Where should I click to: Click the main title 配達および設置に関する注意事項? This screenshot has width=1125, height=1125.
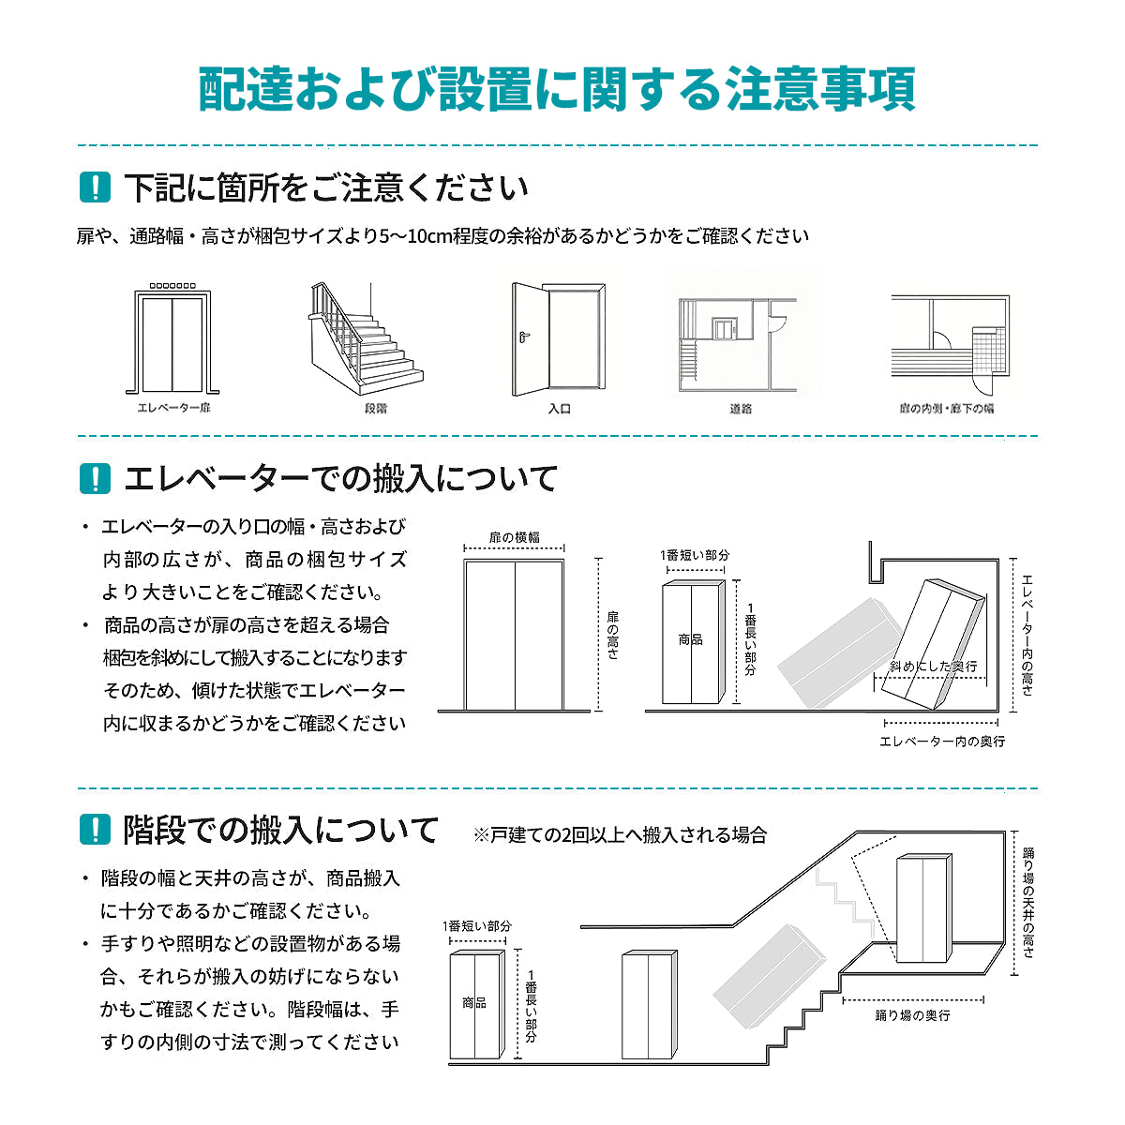tap(557, 90)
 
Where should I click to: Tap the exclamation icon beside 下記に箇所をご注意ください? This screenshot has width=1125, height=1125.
tap(95, 187)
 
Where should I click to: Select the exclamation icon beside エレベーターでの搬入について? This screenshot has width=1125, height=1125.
tap(95, 478)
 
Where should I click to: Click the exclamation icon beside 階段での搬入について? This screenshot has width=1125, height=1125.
tap(95, 830)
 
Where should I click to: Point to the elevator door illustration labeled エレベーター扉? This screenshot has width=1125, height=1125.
tap(172, 342)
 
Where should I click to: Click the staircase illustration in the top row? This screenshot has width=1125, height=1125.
tap(366, 342)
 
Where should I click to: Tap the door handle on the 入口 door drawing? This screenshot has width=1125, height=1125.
tap(524, 336)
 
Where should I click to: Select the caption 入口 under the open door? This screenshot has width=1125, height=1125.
tap(559, 409)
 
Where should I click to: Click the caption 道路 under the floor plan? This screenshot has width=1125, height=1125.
tap(741, 409)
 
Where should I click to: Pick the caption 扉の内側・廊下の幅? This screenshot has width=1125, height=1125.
tap(946, 409)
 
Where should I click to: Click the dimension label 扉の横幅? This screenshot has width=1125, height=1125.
tap(514, 537)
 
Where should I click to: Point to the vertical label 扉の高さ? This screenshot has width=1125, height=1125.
tap(613, 635)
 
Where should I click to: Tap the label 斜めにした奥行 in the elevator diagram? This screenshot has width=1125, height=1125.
tap(933, 666)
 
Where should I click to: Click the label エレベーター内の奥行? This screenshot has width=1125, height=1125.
tap(941, 742)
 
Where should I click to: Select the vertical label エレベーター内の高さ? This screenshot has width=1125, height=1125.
tap(1027, 635)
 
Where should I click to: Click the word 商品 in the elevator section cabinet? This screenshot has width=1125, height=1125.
tap(690, 639)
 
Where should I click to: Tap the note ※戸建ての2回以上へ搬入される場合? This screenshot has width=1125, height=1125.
tap(620, 834)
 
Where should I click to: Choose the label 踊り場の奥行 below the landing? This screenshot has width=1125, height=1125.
tap(912, 1015)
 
